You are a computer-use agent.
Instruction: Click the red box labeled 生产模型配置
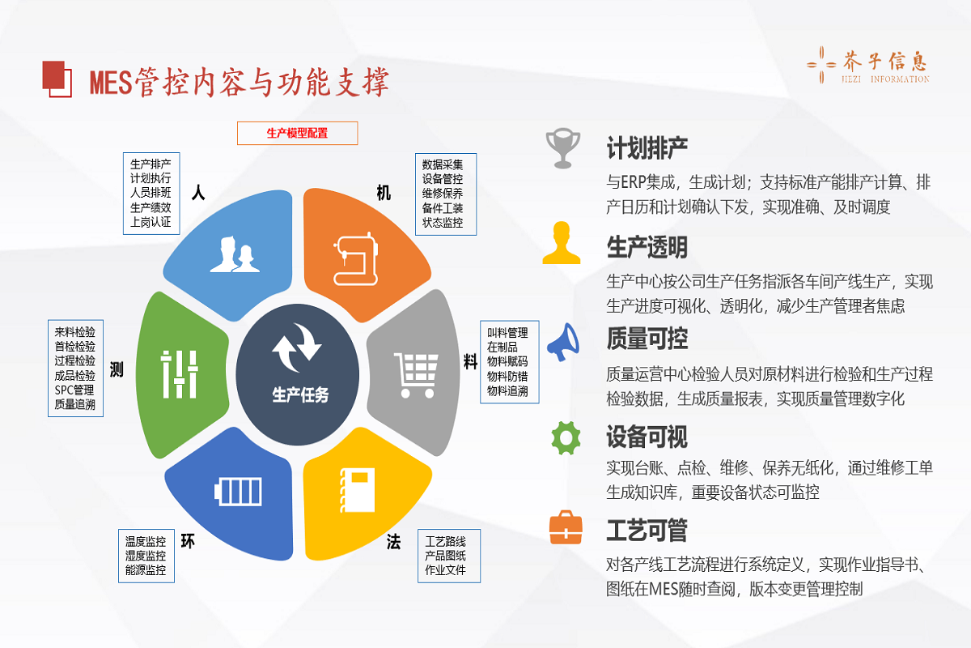298,133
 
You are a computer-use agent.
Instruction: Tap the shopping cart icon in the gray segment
416,375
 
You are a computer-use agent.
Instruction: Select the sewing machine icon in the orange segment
356,258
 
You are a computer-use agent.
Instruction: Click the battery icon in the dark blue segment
238,492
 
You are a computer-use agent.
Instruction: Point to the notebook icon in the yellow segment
357,490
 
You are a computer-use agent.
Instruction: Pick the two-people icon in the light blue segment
235,254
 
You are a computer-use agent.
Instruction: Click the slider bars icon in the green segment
180,374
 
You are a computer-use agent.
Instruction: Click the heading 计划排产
647,148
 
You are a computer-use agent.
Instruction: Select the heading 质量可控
647,339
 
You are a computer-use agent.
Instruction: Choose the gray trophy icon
562,148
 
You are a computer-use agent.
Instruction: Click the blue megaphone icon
562,342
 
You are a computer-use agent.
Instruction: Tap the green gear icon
566,438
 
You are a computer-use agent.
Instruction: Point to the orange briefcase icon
566,527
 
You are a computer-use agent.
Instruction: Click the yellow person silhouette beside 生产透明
562,243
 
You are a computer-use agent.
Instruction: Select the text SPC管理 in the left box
74,390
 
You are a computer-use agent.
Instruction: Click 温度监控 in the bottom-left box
146,541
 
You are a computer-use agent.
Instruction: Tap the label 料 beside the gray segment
471,361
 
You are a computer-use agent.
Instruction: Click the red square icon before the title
57,79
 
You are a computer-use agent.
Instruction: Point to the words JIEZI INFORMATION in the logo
885,79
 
